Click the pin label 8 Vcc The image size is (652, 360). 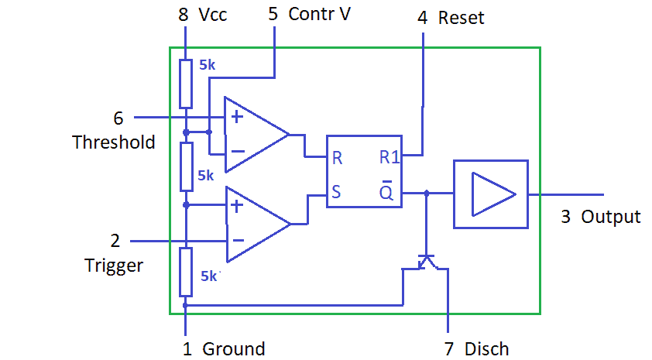[203, 15]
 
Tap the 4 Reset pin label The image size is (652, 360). [451, 18]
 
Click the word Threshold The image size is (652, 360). [114, 142]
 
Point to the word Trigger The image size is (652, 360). [114, 266]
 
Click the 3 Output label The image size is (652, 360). [601, 217]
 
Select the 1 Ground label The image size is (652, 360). [224, 349]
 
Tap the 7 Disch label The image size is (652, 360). [476, 349]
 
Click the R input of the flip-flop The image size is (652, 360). [337, 158]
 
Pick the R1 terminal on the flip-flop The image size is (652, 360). [389, 158]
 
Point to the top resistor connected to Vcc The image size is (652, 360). [186, 84]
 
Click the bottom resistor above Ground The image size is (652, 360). [186, 272]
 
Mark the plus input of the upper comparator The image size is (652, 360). [235, 118]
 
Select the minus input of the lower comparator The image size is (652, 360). [236, 241]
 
